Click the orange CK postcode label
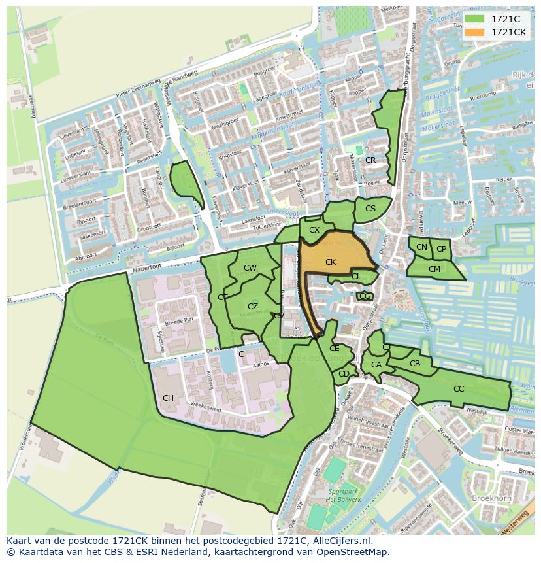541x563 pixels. [331, 262]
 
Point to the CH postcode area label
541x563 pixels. [168, 398]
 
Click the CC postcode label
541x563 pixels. [459, 388]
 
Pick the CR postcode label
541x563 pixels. [370, 160]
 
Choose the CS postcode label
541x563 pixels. [370, 208]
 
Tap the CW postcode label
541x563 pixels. [250, 267]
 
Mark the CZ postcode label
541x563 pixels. [253, 305]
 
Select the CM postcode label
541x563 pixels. [434, 269]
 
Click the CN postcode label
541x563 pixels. [421, 247]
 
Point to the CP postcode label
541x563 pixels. [441, 248]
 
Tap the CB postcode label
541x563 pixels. [415, 363]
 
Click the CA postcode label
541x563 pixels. [376, 365]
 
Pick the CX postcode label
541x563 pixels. [314, 230]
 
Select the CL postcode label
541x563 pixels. [356, 277]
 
